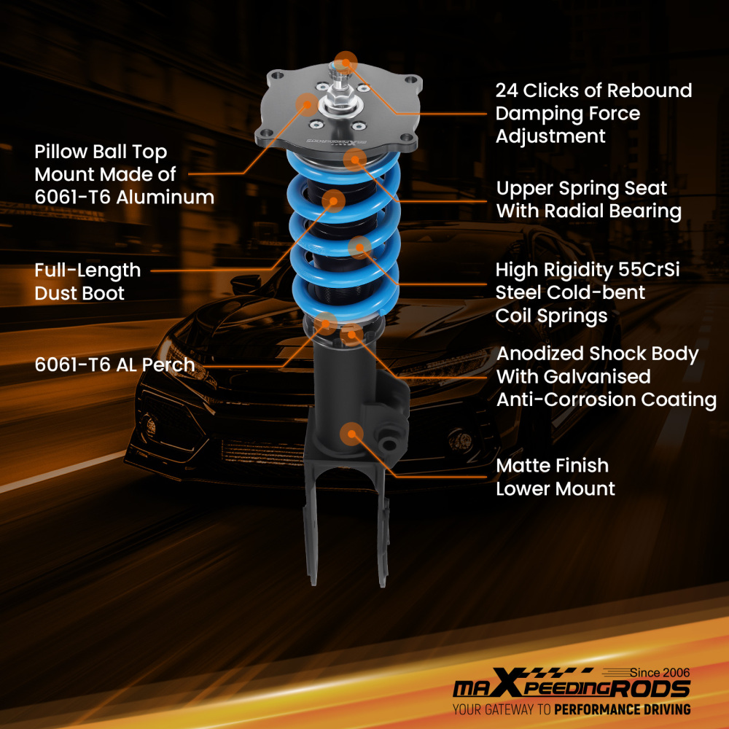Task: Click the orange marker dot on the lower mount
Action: click(x=354, y=434)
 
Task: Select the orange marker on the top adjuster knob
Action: click(x=346, y=61)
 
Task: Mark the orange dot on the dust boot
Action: click(x=334, y=200)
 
